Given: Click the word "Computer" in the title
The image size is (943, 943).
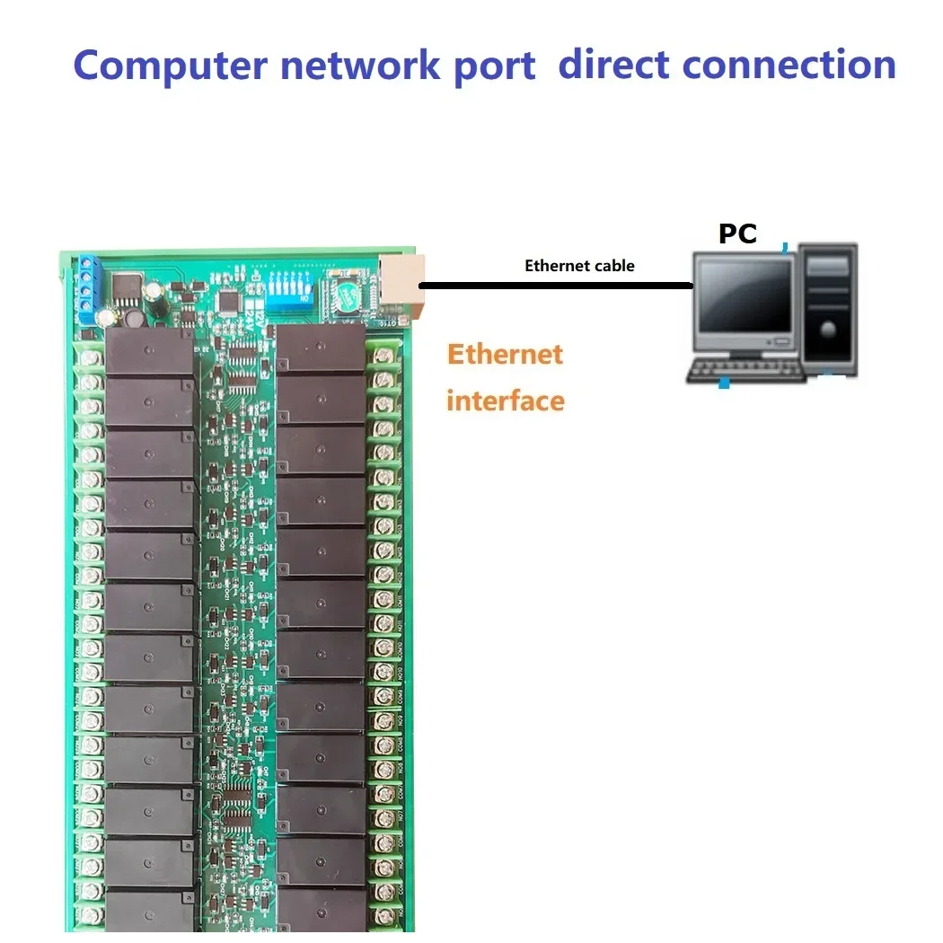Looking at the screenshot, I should tap(170, 66).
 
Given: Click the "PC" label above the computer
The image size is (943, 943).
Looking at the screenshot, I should tap(737, 234).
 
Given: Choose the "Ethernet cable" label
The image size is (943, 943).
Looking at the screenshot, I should tap(579, 266).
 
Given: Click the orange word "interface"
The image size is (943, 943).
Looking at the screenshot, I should tap(505, 401).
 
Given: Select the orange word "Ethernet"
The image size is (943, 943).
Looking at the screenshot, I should tap(505, 354).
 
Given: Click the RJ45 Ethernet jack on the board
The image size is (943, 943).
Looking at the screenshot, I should tap(400, 280).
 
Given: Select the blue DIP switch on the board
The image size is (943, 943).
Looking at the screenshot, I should tap(286, 289).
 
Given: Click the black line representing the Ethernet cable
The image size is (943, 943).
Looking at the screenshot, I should tap(557, 286).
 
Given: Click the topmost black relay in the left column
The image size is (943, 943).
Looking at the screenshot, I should tap(149, 352).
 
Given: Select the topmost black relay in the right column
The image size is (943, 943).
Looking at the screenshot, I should tap(321, 348).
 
